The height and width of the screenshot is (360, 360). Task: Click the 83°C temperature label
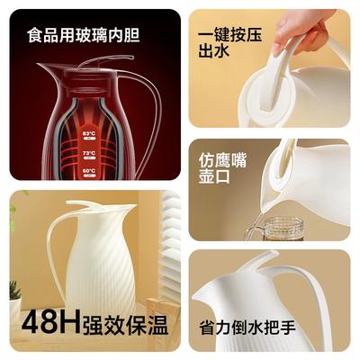pos(89,133)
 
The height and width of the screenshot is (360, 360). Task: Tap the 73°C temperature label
pos(89,153)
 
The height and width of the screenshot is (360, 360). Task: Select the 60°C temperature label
pos(89,171)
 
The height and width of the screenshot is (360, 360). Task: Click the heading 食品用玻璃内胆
pos(84,35)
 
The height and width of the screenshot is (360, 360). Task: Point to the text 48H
pos(51,323)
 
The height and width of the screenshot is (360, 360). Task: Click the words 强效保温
pos(125,325)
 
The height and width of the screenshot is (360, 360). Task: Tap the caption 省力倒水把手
pos(247,328)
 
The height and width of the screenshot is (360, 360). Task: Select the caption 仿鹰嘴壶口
pos(222,168)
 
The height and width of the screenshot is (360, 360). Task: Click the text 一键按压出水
pos(229,42)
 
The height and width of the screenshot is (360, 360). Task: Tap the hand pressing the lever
pos(300,30)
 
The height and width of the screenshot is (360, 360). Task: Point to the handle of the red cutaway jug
pos(150,120)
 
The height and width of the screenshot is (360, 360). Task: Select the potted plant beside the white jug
pos(15,297)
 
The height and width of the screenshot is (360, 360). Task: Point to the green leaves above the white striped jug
pos(13,213)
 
